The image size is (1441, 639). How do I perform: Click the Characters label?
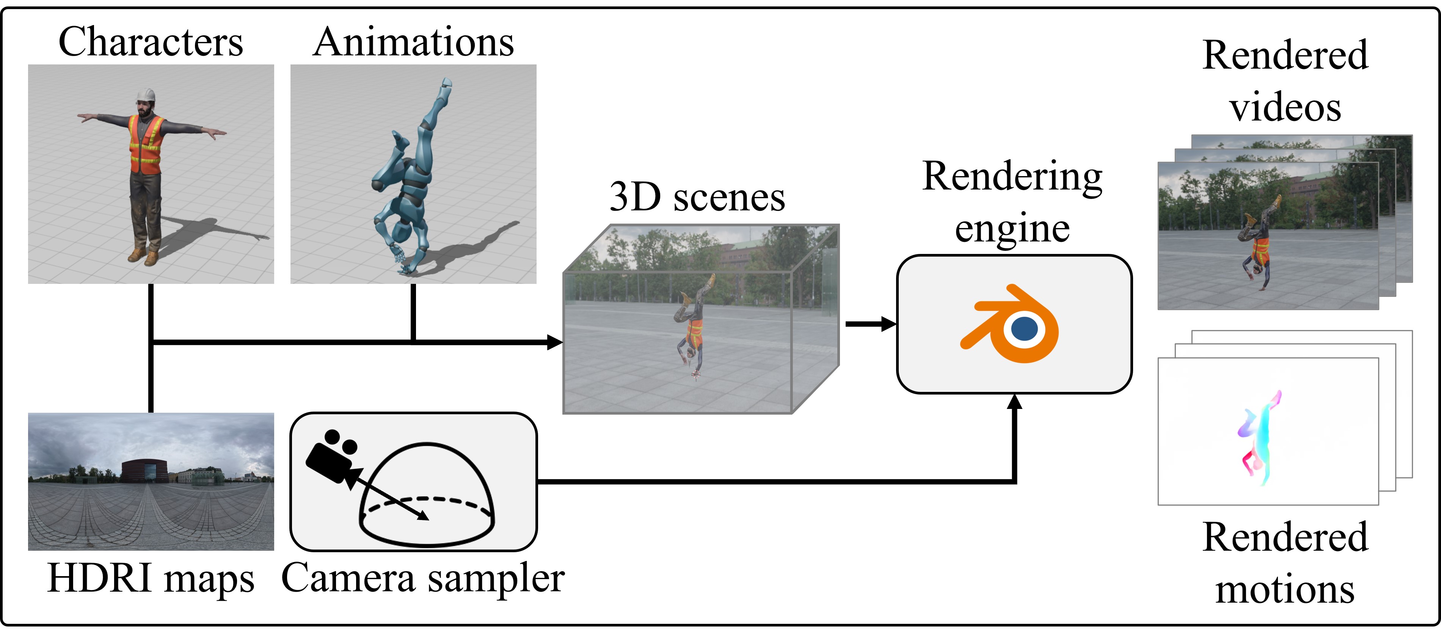pyautogui.click(x=151, y=42)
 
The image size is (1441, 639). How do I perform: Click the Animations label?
pyautogui.click(x=413, y=42)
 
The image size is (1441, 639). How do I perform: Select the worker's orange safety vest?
pyautogui.click(x=146, y=144)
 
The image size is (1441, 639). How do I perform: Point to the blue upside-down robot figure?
pyautogui.click(x=411, y=179)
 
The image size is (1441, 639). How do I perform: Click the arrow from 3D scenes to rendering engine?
pyautogui.click(x=870, y=324)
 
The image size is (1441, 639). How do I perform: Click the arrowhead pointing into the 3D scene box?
pyautogui.click(x=554, y=341)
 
